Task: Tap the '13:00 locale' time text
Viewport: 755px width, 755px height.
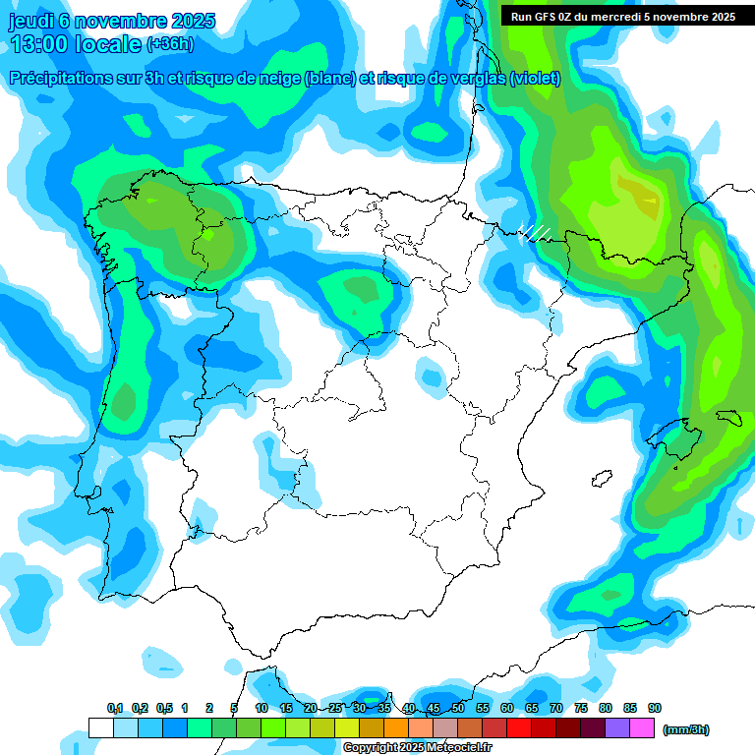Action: point(75,44)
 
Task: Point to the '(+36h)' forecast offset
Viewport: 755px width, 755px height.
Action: point(170,44)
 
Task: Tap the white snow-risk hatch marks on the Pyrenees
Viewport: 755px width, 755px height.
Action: point(535,233)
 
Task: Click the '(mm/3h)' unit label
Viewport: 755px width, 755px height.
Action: point(686,729)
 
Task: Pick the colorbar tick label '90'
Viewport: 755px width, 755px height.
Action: point(655,708)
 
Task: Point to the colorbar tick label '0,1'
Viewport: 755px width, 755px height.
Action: point(115,708)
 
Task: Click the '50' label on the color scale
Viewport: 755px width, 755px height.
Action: point(458,708)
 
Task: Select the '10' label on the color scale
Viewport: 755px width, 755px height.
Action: point(261,708)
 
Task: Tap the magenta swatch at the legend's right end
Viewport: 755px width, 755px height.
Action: point(642,727)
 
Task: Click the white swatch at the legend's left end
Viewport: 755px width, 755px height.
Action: point(100,727)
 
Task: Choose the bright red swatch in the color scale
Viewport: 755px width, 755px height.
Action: point(519,727)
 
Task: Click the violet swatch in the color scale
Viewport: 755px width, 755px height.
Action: point(617,727)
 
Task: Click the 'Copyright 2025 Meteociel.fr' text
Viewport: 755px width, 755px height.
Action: point(417,748)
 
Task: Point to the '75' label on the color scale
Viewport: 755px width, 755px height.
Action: point(581,708)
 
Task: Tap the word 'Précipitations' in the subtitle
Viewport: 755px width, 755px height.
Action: point(59,79)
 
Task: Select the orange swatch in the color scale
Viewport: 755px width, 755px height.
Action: point(396,727)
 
